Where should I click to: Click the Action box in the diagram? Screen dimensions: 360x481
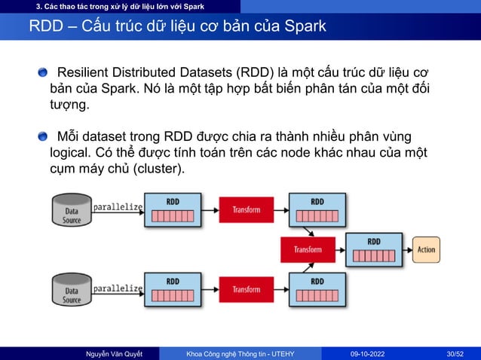coord(426,249)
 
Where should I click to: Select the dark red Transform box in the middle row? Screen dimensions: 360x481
coord(308,249)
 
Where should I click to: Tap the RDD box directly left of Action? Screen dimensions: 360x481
coord(373,249)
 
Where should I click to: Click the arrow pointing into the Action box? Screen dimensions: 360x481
coord(407,249)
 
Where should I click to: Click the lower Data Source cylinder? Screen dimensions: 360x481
coord(72,290)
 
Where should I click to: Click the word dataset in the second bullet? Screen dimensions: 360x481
coord(107,136)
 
